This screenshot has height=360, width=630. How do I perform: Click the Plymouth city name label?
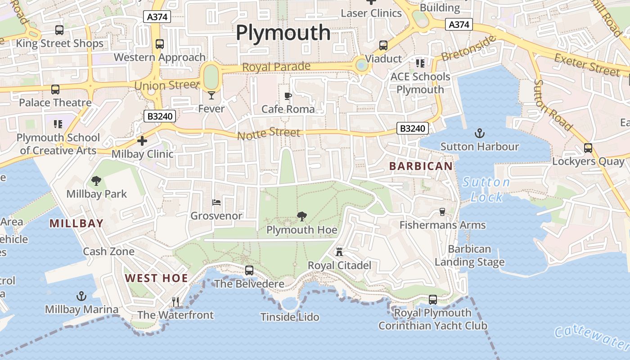tap(283, 33)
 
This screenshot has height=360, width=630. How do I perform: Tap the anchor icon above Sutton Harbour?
tap(480, 133)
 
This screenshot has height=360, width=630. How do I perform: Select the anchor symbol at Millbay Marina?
tap(81, 296)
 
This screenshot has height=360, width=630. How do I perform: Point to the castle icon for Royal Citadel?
tap(339, 252)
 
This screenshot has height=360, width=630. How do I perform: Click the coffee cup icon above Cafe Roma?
tap(288, 96)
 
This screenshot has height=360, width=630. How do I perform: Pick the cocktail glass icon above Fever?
tap(211, 95)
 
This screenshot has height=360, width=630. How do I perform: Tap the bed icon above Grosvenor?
tap(216, 202)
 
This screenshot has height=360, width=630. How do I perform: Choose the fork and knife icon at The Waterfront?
tap(175, 301)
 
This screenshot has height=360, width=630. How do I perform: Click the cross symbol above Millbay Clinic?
tap(142, 141)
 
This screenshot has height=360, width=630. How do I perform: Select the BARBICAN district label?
tap(421, 166)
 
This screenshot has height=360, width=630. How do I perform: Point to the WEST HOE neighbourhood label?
tap(157, 278)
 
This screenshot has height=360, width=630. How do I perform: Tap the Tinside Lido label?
tap(290, 317)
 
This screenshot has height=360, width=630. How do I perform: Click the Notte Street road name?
tap(268, 133)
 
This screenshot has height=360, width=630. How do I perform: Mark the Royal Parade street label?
tap(276, 67)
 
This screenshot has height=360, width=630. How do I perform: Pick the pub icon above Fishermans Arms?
tap(442, 211)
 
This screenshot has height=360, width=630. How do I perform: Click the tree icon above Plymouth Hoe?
tap(301, 217)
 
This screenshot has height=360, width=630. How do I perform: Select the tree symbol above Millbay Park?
tap(96, 181)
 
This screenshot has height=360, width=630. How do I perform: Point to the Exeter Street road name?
tap(587, 64)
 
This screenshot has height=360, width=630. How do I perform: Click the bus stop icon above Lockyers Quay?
tap(588, 148)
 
